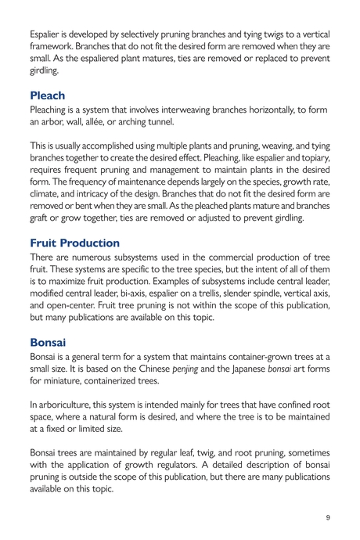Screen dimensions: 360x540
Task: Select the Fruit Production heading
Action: tap(74, 243)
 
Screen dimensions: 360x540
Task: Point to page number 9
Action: tap(329, 518)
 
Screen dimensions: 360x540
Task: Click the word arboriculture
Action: tap(68, 405)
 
